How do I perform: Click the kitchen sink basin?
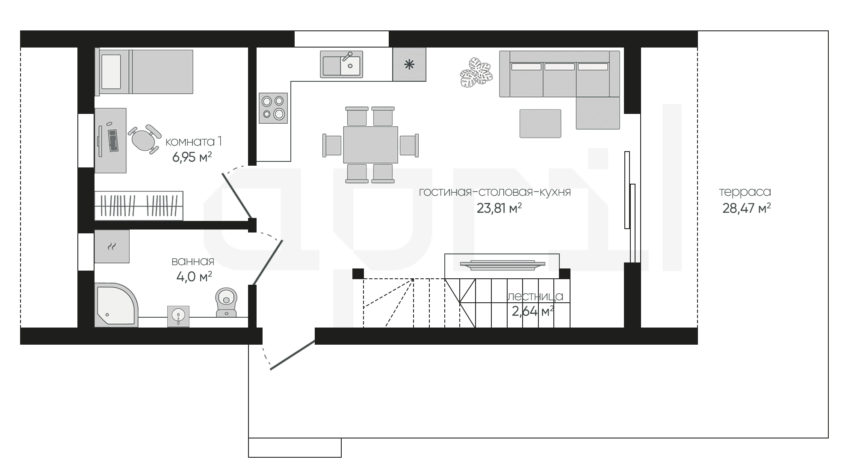[341, 64]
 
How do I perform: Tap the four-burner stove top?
[273, 108]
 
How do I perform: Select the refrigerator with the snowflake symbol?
[409, 64]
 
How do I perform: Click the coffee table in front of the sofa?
[540, 123]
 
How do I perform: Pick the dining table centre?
[370, 145]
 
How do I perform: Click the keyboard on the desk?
[113, 140]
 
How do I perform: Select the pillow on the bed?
[111, 71]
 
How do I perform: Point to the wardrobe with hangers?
[139, 206]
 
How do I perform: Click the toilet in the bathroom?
[226, 302]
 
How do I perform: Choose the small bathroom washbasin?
[178, 316]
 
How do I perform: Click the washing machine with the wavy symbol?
[112, 246]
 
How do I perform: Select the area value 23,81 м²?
[499, 209]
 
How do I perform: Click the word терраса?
[745, 192]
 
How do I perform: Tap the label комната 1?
[194, 141]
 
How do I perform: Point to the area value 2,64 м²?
[533, 311]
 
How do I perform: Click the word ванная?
[193, 261]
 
